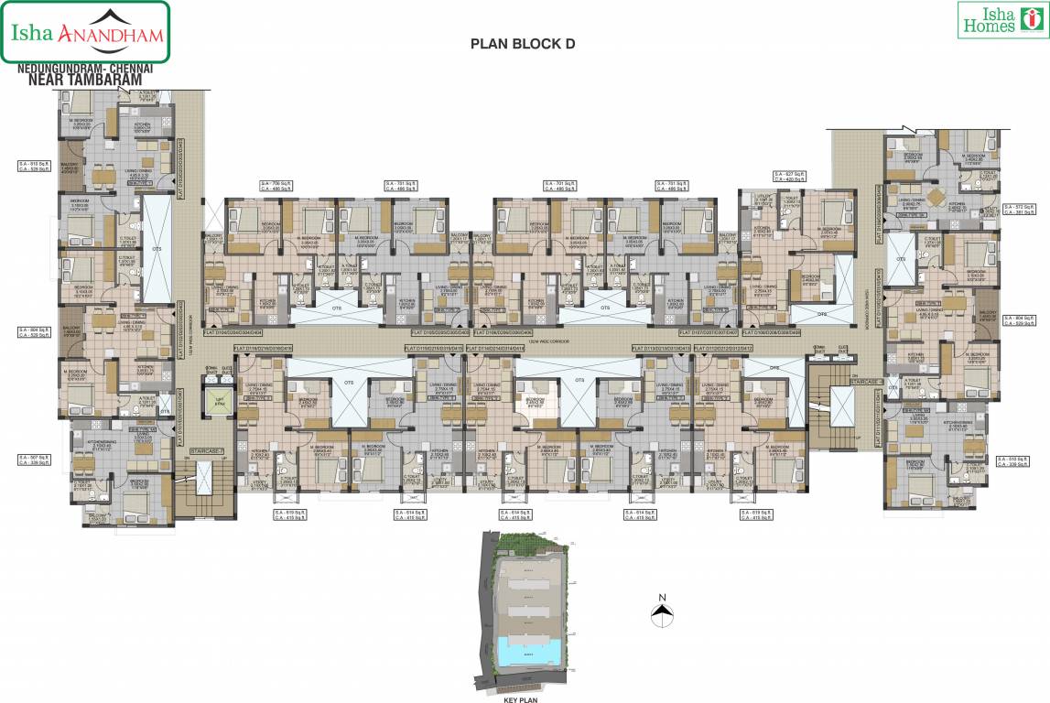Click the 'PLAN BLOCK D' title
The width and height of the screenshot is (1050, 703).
point(522,43)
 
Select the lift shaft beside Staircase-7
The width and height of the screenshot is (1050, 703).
point(218,403)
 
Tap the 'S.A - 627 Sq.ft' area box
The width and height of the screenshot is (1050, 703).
point(789,176)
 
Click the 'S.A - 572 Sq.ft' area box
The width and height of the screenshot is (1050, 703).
point(1018,208)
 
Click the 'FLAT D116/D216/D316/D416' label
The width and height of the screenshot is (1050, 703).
point(264,349)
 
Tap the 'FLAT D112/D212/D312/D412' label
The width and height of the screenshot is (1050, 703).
point(723,349)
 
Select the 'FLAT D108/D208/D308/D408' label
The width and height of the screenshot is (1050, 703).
point(770,332)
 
